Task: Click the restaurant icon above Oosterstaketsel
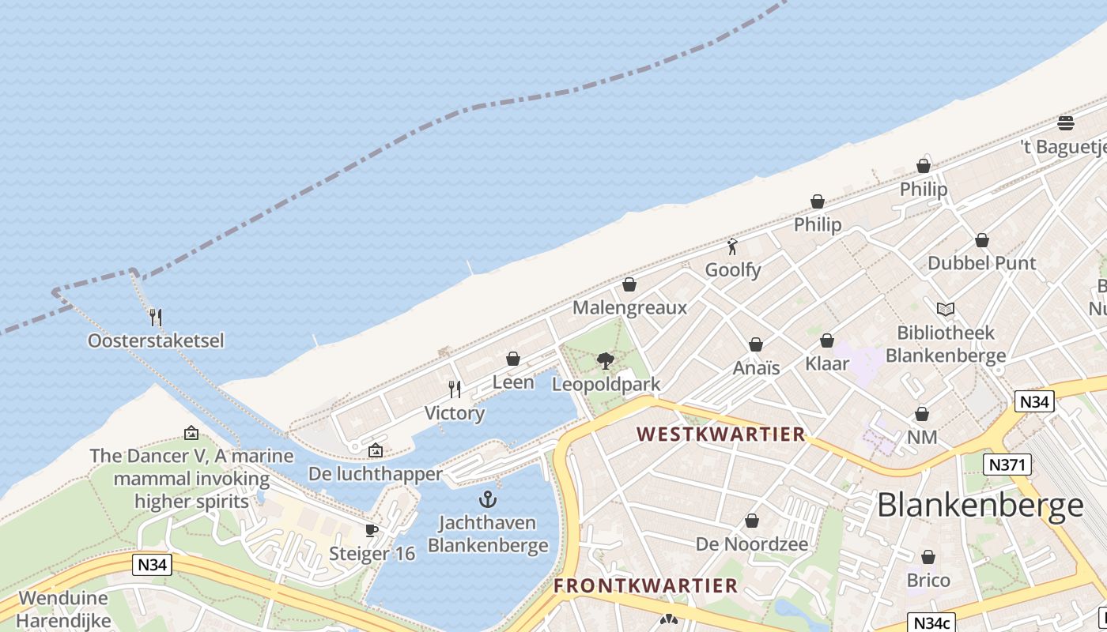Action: point(156,318)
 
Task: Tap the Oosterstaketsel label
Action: point(156,340)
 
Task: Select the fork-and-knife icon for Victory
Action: point(455,389)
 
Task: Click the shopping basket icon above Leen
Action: point(513,359)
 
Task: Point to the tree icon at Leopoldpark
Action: point(606,361)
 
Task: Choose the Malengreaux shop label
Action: point(629,307)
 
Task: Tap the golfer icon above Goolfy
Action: point(732,246)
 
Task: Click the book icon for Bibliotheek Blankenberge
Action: point(945,309)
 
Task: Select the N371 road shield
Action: point(1007,464)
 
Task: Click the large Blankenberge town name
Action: point(980,506)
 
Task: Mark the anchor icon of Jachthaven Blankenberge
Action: point(488,499)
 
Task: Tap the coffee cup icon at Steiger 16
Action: point(372,530)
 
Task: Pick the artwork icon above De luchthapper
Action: point(376,450)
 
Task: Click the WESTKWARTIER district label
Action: point(721,434)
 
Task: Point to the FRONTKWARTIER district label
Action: point(645,585)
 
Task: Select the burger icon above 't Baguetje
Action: point(1065,123)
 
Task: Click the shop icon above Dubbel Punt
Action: point(981,240)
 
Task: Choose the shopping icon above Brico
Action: point(928,557)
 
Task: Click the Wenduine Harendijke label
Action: point(63,609)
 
